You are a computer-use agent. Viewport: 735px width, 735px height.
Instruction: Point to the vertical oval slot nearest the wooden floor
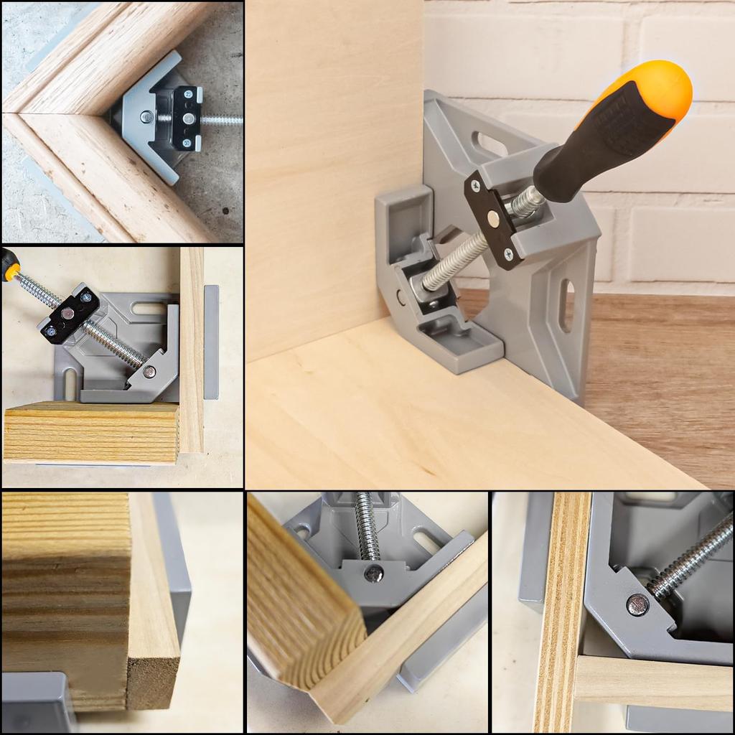pyautogui.click(x=566, y=305)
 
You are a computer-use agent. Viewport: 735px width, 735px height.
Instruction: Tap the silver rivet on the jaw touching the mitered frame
pyautogui.click(x=146, y=116)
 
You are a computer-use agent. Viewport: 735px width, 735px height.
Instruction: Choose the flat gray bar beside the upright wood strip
pyautogui.click(x=211, y=341)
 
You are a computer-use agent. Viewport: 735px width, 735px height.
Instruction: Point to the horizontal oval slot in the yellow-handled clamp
pyautogui.click(x=148, y=309)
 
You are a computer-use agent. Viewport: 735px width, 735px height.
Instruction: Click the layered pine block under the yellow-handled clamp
pyautogui.click(x=91, y=432)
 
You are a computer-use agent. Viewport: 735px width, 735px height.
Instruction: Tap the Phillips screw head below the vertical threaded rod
pyautogui.click(x=373, y=573)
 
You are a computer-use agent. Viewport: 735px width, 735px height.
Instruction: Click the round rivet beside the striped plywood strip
pyautogui.click(x=637, y=604)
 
